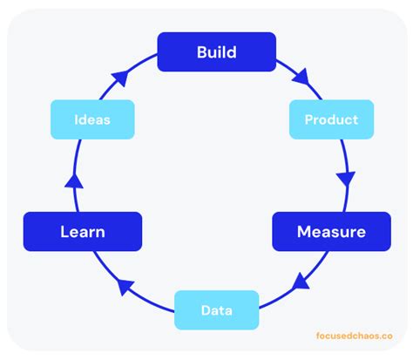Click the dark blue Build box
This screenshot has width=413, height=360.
[x=216, y=51]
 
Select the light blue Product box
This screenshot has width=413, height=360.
[x=331, y=119]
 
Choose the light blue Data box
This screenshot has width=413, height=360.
[x=216, y=309]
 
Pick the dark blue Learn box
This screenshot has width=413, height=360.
[x=83, y=232]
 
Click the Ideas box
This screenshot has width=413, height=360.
[x=91, y=119]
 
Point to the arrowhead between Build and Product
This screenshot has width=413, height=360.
[x=301, y=78]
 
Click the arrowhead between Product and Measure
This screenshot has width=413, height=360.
[x=346, y=180]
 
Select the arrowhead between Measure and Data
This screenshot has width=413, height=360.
[x=302, y=281]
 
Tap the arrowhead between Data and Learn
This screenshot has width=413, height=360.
[x=126, y=284]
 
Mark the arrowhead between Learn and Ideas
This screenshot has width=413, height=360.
[x=76, y=180]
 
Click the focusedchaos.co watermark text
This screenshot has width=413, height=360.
[x=354, y=334]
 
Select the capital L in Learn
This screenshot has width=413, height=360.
[x=64, y=232]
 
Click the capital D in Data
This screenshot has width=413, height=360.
[x=205, y=309]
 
